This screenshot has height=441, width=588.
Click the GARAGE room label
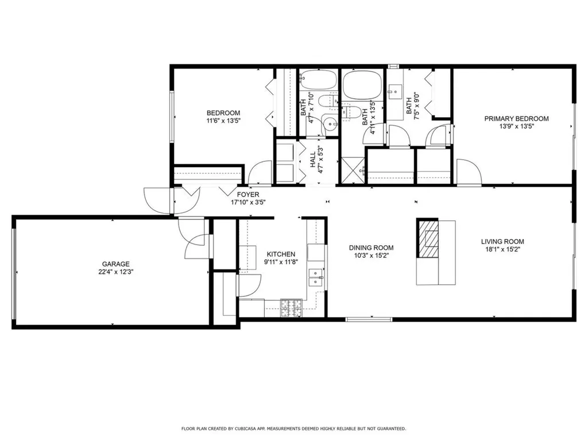coord(117,264)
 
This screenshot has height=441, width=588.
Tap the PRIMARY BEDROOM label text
coord(516,119)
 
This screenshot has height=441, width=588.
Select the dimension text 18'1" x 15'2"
coord(502,250)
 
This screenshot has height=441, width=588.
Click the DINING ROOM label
coord(372,248)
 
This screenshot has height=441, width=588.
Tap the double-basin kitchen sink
coord(316,277)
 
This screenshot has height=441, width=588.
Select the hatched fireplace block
coord(427,238)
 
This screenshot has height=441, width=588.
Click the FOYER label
coord(248,194)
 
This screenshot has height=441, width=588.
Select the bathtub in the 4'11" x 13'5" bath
coord(362,84)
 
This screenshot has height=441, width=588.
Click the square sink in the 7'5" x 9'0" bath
coord(396,90)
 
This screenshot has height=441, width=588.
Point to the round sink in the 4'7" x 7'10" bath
coord(329,122)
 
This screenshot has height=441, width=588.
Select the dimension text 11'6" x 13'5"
coord(223,121)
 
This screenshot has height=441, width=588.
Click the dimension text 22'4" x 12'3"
coord(117,272)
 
